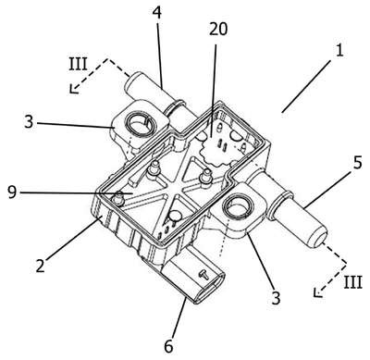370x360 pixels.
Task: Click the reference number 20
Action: pyautogui.click(x=218, y=30)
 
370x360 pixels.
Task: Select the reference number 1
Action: pyautogui.click(x=339, y=50)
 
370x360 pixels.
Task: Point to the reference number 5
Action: pyautogui.click(x=357, y=163)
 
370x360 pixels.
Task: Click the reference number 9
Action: pyautogui.click(x=12, y=192)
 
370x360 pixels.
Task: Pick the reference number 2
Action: pyautogui.click(x=41, y=266)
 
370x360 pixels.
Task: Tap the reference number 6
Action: pyautogui.click(x=168, y=346)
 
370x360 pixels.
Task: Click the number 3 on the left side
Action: pyautogui.click(x=29, y=122)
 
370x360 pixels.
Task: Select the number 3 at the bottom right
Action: pyautogui.click(x=276, y=298)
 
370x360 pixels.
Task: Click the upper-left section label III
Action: pyautogui.click(x=78, y=64)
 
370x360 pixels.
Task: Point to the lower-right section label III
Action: pyautogui.click(x=352, y=281)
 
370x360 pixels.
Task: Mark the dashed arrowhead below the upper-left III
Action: pyautogui.click(x=73, y=89)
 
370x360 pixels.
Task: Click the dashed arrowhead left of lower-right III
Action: pyautogui.click(x=317, y=292)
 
